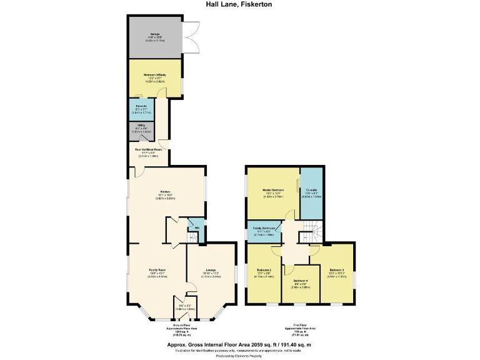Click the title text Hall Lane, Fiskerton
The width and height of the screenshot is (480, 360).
tap(240, 4)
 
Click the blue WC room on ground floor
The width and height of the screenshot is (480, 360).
tap(196, 227)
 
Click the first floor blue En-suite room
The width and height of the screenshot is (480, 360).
tap(311, 192)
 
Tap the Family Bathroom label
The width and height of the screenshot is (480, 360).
tap(264, 229)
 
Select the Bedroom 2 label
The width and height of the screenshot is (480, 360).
tap(264, 272)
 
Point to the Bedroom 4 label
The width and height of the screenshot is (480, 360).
tap(301, 281)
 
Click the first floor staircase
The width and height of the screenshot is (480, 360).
tap(308, 237)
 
